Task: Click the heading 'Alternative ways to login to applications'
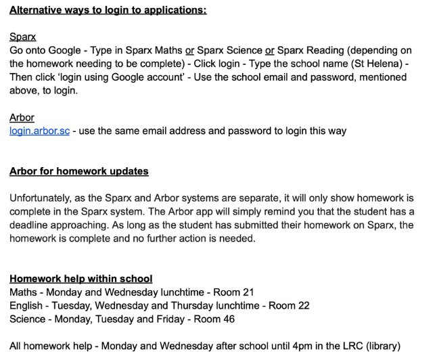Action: pyautogui.click(x=108, y=11)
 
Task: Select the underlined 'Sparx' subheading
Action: pyautogui.click(x=22, y=37)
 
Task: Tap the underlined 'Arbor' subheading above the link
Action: pyautogui.click(x=22, y=118)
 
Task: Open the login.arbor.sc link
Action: pyautogui.click(x=39, y=131)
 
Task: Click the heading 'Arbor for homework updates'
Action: pyautogui.click(x=79, y=171)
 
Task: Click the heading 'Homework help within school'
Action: pyautogui.click(x=81, y=278)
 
